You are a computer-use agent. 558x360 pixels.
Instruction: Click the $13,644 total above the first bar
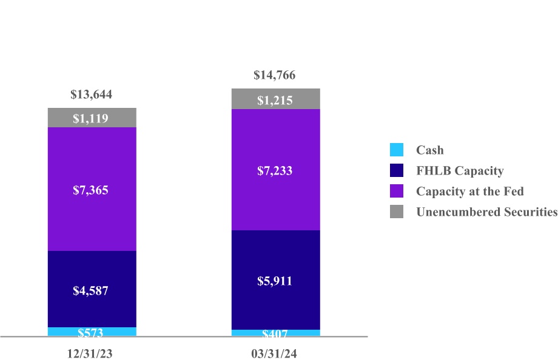pos(92,95)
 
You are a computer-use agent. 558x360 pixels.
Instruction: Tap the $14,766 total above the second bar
pos(275,76)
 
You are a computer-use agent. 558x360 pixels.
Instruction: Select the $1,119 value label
pos(92,118)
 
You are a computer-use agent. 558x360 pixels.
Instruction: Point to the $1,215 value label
pos(275,101)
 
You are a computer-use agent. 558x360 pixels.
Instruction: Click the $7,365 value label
pos(92,190)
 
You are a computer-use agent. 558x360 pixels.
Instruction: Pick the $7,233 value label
pos(275,172)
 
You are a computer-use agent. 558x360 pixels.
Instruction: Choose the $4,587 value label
pos(92,290)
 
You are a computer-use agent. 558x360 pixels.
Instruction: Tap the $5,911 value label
pos(275,281)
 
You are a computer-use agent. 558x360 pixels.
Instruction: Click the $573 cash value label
pos(92,333)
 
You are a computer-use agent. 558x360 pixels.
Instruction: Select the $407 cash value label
pos(275,334)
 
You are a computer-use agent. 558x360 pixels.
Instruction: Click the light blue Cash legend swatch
pos(397,150)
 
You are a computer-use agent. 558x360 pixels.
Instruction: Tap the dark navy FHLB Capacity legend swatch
pos(397,171)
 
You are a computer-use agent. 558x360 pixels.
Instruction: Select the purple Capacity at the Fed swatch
pos(397,192)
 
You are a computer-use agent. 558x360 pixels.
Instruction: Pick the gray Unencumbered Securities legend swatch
pos(397,212)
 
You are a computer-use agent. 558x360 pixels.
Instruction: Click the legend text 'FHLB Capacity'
pos(460,171)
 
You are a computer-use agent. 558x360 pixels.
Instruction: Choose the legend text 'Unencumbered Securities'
pos(486,212)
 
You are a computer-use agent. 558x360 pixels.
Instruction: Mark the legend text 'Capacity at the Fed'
pos(469,192)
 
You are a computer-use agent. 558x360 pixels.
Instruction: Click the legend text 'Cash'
pos(429,150)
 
